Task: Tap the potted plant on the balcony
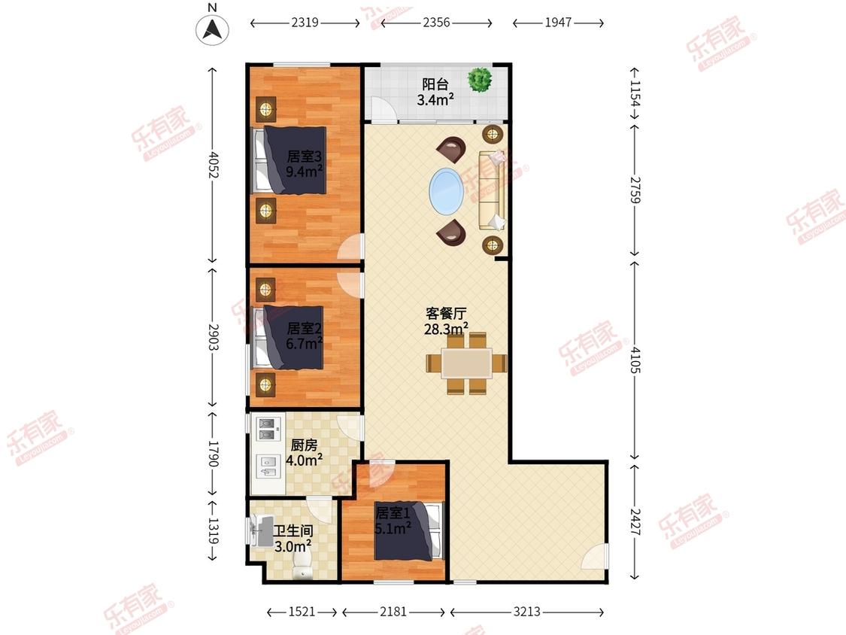(480, 80)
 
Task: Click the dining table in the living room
(467, 363)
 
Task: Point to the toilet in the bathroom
(303, 569)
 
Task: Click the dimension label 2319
(305, 23)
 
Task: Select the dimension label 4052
(214, 165)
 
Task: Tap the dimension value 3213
(526, 612)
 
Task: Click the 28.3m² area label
(446, 329)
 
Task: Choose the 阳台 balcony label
(435, 84)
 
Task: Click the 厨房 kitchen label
(304, 445)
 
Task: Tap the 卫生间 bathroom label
(293, 531)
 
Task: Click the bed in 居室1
(409, 531)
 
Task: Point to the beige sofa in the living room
(492, 190)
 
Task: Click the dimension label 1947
(558, 23)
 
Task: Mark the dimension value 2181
(393, 612)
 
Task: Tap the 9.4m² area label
(305, 172)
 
